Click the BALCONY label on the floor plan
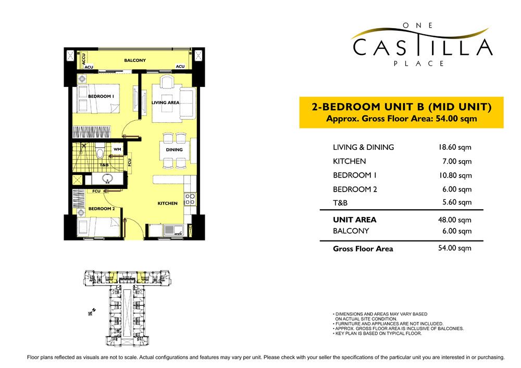pyautogui.click(x=135, y=60)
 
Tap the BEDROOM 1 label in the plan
pyautogui.click(x=101, y=96)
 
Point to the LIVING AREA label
pyautogui.click(x=166, y=103)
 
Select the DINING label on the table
pyautogui.click(x=174, y=150)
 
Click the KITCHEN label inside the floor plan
pyautogui.click(x=167, y=203)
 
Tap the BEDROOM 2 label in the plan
pyautogui.click(x=102, y=209)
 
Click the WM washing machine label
pyautogui.click(x=117, y=149)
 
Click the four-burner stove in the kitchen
pyautogui.click(x=190, y=199)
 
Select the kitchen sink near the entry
pyautogui.click(x=173, y=230)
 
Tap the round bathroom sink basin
pyautogui.click(x=107, y=179)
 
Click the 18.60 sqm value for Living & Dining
pyautogui.click(x=454, y=147)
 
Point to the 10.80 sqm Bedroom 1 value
pyautogui.click(x=455, y=175)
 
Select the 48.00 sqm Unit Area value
pyautogui.click(x=454, y=220)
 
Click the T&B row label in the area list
pyautogui.click(x=340, y=203)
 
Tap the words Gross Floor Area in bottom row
pyautogui.click(x=363, y=249)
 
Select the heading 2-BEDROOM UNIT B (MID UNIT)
pyautogui.click(x=401, y=107)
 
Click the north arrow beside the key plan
pyautogui.click(x=92, y=312)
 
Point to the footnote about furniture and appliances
pyautogui.click(x=388, y=324)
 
